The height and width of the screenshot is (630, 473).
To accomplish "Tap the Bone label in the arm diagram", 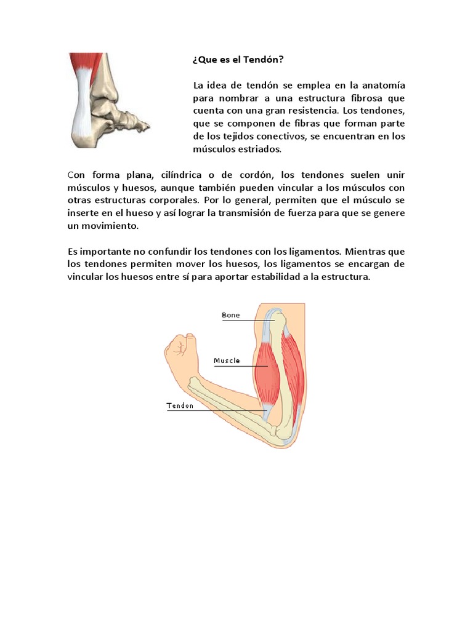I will click(231, 316).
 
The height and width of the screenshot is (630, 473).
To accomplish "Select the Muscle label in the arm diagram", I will click(227, 361).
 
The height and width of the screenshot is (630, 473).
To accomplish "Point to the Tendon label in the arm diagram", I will click(180, 405).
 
